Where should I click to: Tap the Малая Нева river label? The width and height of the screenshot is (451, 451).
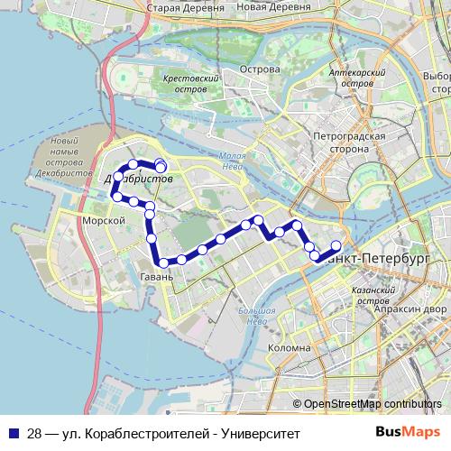pos(234,160)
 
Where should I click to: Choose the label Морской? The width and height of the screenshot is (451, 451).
pos(102,220)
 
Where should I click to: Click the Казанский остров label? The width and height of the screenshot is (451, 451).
pos(371,296)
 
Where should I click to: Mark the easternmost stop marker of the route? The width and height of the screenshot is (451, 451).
pos(336,245)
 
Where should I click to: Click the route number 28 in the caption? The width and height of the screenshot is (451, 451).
pos(33,432)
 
